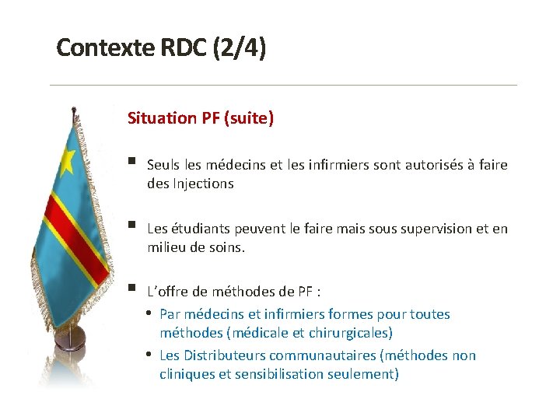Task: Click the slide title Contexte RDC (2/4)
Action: click(x=161, y=48)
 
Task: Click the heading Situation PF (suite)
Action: click(x=201, y=118)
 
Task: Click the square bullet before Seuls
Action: click(x=134, y=163)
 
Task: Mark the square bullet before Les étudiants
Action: click(x=134, y=226)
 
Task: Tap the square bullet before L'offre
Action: click(x=134, y=289)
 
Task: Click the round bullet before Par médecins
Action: click(x=149, y=313)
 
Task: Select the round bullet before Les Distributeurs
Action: click(x=149, y=355)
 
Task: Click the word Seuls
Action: click(x=163, y=165)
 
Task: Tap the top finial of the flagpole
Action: click(x=73, y=108)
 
